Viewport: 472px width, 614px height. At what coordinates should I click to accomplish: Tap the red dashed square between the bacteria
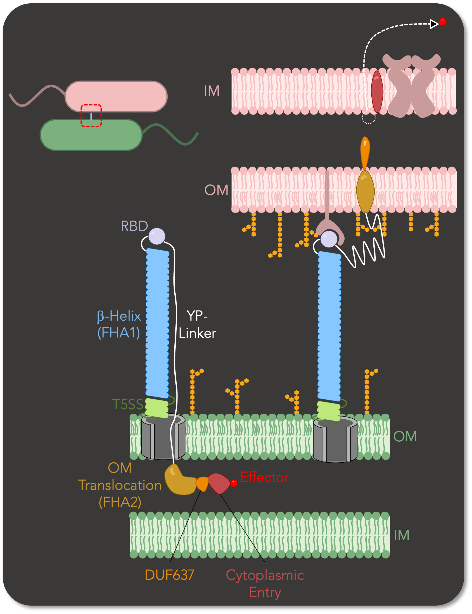point(91,116)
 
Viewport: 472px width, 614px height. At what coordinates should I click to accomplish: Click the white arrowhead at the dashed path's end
point(434,24)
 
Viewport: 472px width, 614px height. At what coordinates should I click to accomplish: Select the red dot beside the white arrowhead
point(442,22)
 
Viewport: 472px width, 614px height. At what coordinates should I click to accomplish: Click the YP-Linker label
point(197,325)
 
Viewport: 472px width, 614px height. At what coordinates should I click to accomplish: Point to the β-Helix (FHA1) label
point(119,325)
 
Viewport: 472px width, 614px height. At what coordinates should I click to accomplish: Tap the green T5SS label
point(128,404)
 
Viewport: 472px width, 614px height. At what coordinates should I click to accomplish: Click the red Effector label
point(264,477)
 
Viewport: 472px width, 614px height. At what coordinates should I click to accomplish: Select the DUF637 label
point(169,575)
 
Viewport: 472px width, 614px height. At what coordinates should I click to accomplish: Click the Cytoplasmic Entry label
point(265,584)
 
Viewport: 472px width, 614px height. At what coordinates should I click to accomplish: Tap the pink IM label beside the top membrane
point(211,91)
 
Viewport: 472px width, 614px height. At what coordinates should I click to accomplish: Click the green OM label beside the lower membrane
point(405,437)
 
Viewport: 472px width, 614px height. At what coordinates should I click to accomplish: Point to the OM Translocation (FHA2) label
point(120,485)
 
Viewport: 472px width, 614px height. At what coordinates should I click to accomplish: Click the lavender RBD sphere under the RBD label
point(157,236)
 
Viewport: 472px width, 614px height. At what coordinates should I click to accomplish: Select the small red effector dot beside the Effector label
point(234,483)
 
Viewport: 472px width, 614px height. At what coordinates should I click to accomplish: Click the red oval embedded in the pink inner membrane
point(377,92)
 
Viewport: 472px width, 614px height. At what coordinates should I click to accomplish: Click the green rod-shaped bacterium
point(91,135)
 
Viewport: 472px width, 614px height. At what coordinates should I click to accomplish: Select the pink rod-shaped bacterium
point(116,96)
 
